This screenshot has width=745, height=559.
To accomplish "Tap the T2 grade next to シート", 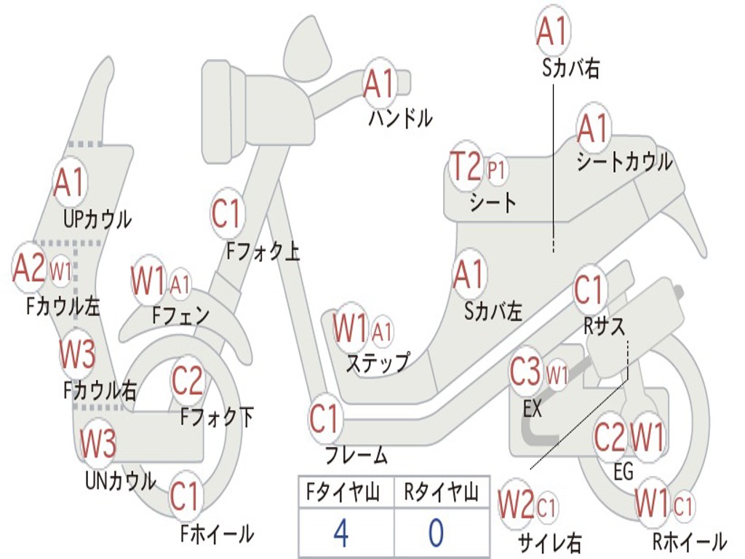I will (x=466, y=167).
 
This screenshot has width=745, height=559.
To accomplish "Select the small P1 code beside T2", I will (x=498, y=170).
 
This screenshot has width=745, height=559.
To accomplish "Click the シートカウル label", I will (x=624, y=162).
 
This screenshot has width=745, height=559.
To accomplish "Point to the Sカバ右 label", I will (x=571, y=68).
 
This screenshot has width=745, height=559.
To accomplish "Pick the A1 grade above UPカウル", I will (x=69, y=183).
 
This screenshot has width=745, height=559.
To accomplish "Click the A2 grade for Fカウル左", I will (x=29, y=267).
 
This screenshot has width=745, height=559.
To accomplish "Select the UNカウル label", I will (x=120, y=480).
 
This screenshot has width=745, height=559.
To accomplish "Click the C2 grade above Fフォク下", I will (x=188, y=379).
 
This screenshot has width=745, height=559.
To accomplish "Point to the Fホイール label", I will (x=217, y=534).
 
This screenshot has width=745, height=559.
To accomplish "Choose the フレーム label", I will (x=356, y=456).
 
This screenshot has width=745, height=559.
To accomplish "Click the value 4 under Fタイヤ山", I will (x=340, y=533).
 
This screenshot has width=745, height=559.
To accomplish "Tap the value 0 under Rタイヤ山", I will (x=436, y=533).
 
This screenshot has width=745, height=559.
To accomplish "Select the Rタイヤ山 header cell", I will (x=441, y=493).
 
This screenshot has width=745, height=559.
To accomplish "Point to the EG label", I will (x=624, y=472).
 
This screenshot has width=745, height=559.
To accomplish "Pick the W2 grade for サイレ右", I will (x=517, y=504).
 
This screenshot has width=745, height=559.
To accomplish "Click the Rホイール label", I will (x=688, y=542).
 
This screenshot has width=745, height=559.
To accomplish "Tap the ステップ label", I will (x=377, y=362).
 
